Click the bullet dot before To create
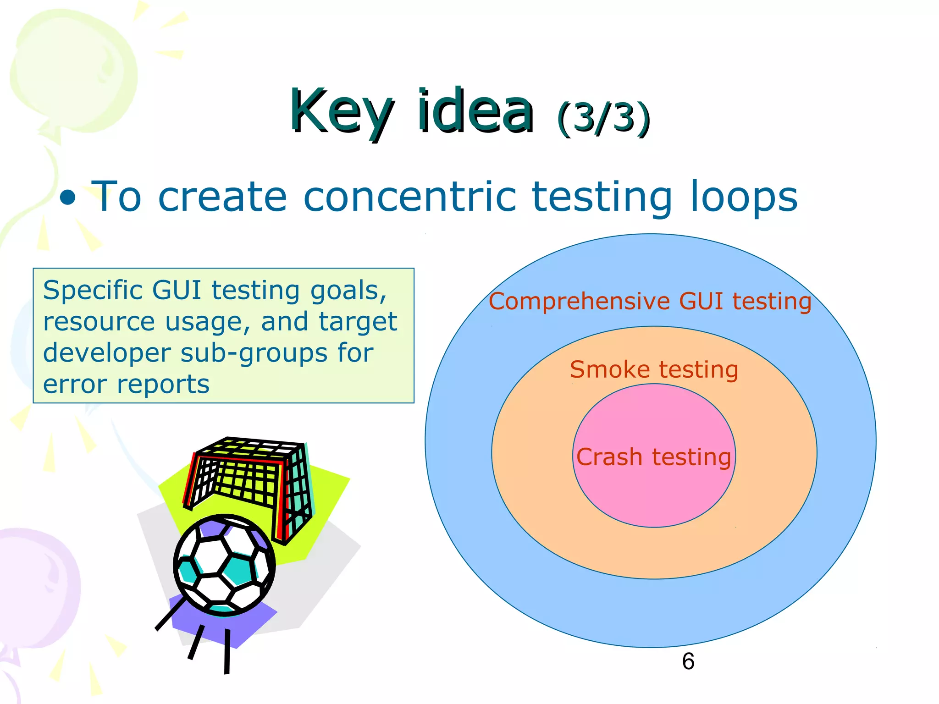click(x=68, y=198)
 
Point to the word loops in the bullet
click(x=744, y=197)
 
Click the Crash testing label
click(x=653, y=457)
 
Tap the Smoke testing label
click(x=653, y=369)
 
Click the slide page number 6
click(x=688, y=661)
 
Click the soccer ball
click(x=224, y=565)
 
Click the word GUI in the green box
click(x=177, y=290)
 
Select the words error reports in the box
click(x=126, y=384)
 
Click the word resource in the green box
click(x=99, y=321)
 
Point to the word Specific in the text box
click(x=93, y=290)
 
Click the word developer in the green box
click(x=107, y=353)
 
